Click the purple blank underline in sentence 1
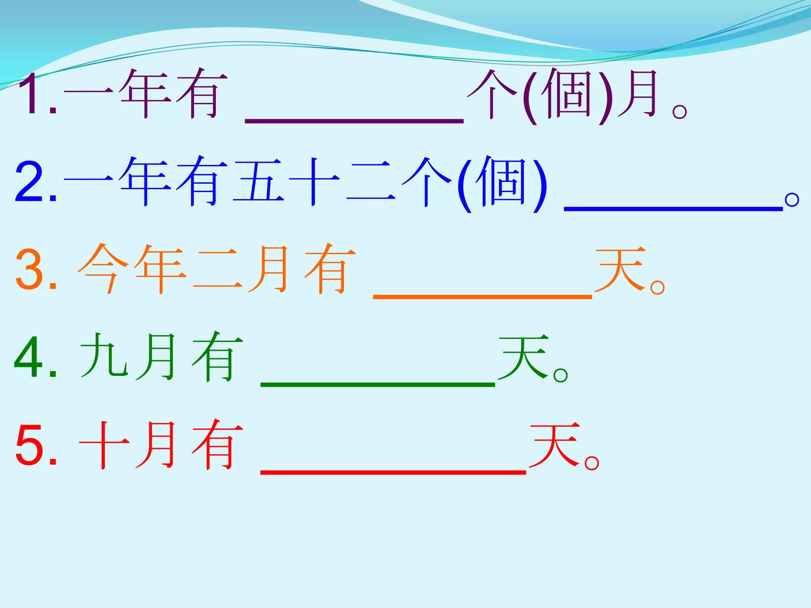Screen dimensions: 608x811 (354, 120)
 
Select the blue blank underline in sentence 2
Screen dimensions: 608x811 (673, 208)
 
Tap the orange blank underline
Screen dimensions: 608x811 (482, 296)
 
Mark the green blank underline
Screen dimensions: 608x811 (378, 384)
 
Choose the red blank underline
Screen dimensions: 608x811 (393, 472)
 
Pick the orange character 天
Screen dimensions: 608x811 (620, 269)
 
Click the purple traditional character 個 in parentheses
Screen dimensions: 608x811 (568, 94)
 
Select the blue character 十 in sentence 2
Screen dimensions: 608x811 (314, 182)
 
